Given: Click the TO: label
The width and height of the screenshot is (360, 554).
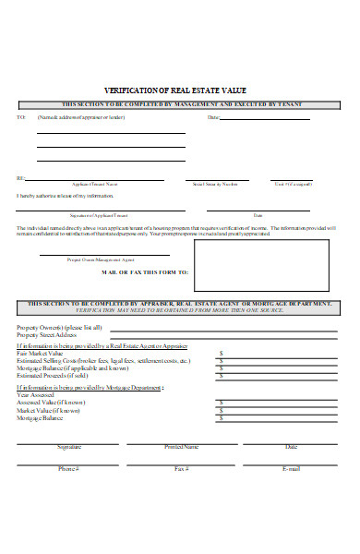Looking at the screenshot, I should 20,117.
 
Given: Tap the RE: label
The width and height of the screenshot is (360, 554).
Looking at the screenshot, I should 20,178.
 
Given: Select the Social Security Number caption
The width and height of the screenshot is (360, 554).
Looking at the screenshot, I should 217,185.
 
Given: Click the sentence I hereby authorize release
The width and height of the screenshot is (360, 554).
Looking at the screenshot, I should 57,196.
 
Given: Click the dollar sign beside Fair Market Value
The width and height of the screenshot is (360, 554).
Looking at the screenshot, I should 221,353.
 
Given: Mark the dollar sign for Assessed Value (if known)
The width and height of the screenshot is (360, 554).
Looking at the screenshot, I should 221,403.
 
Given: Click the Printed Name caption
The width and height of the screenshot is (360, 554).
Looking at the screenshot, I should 181,447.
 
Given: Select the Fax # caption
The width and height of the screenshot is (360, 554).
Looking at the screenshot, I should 181,469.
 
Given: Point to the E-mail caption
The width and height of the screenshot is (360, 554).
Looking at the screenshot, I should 292,469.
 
